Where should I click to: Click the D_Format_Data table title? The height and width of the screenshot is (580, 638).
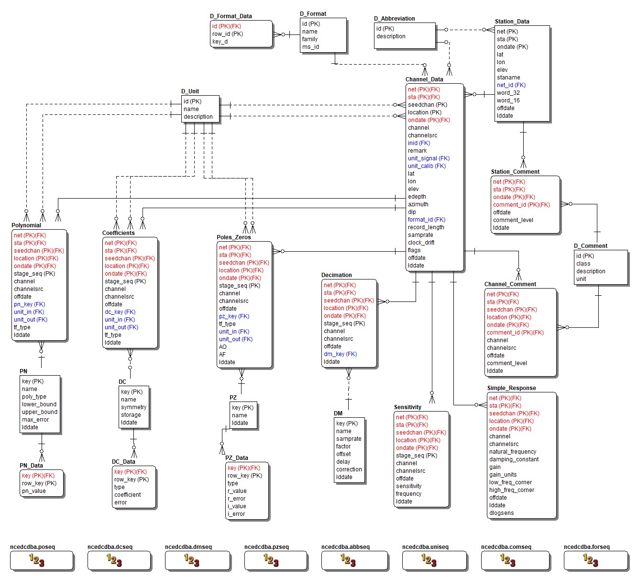[x=231, y=16]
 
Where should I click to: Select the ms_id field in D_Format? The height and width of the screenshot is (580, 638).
[x=310, y=47]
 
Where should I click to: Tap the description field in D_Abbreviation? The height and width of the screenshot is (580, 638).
[x=391, y=36]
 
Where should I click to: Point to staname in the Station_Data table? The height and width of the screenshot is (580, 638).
[x=508, y=78]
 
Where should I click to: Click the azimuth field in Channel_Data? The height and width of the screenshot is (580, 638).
[x=418, y=204]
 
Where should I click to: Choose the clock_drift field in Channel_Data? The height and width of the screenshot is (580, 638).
[x=421, y=243]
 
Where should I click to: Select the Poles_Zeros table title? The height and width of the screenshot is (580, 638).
[x=233, y=237]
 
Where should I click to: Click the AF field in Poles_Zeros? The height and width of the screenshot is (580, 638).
[x=222, y=355]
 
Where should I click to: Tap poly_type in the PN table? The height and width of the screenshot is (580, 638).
[x=34, y=397]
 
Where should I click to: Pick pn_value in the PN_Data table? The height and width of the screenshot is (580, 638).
[x=34, y=491]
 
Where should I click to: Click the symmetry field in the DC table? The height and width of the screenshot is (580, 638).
[x=133, y=407]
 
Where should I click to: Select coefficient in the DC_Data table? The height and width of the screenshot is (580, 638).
[x=127, y=495]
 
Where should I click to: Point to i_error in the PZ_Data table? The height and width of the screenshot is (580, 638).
[x=236, y=514]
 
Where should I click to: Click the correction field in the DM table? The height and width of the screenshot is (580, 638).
[x=349, y=469]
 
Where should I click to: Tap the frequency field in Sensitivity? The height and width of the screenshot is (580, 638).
[x=408, y=494]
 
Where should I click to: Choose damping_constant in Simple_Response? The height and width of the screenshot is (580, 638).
[x=514, y=459]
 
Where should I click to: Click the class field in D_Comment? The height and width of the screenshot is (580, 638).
[x=583, y=264]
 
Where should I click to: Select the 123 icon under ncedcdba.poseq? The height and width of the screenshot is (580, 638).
[x=36, y=560]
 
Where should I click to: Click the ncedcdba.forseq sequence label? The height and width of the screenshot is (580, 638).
[x=586, y=547]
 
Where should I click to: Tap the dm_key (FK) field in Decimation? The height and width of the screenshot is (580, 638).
[x=340, y=354]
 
